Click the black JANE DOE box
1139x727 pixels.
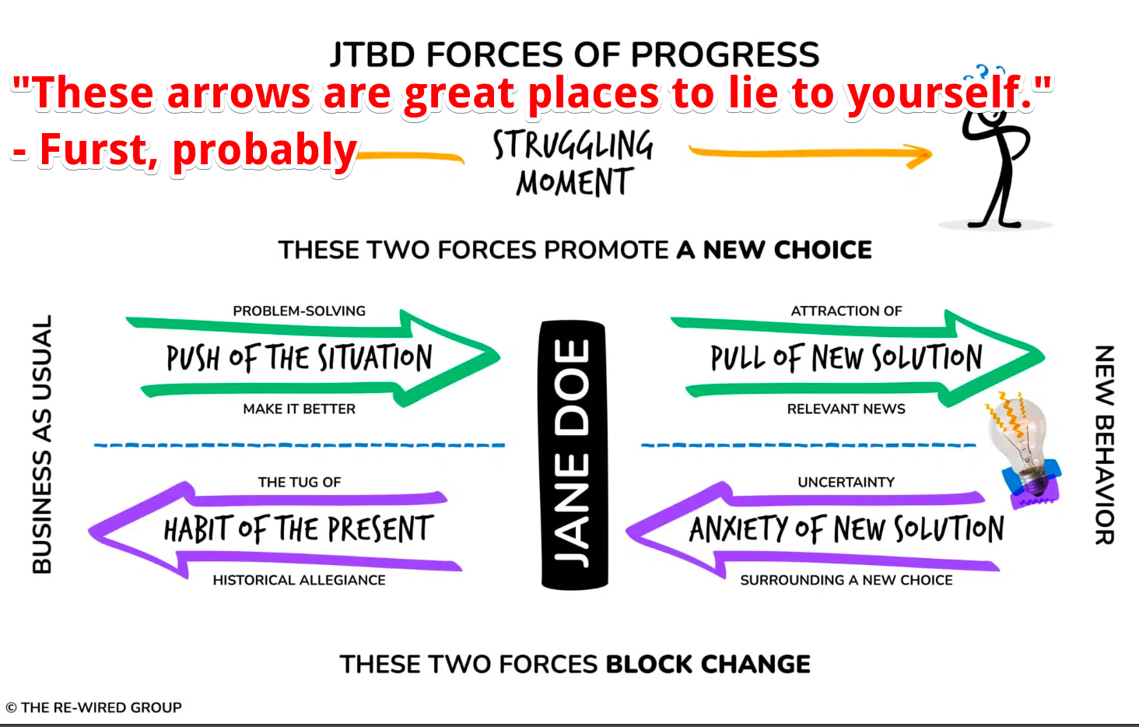click(573, 455)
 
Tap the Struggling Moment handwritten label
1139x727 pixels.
click(573, 163)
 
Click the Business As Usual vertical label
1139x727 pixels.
click(42, 444)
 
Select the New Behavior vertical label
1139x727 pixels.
click(1105, 444)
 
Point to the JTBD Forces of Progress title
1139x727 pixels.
click(575, 54)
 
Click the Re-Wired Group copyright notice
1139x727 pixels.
click(93, 708)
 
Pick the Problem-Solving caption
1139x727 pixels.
click(299, 311)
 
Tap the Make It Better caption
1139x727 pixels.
click(299, 409)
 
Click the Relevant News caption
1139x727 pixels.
click(846, 409)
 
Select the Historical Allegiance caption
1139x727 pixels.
click(299, 580)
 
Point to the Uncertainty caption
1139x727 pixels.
click(846, 482)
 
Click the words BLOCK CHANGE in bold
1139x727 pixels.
click(708, 664)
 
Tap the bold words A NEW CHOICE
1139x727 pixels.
click(774, 250)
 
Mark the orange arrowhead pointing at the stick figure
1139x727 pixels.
click(920, 155)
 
